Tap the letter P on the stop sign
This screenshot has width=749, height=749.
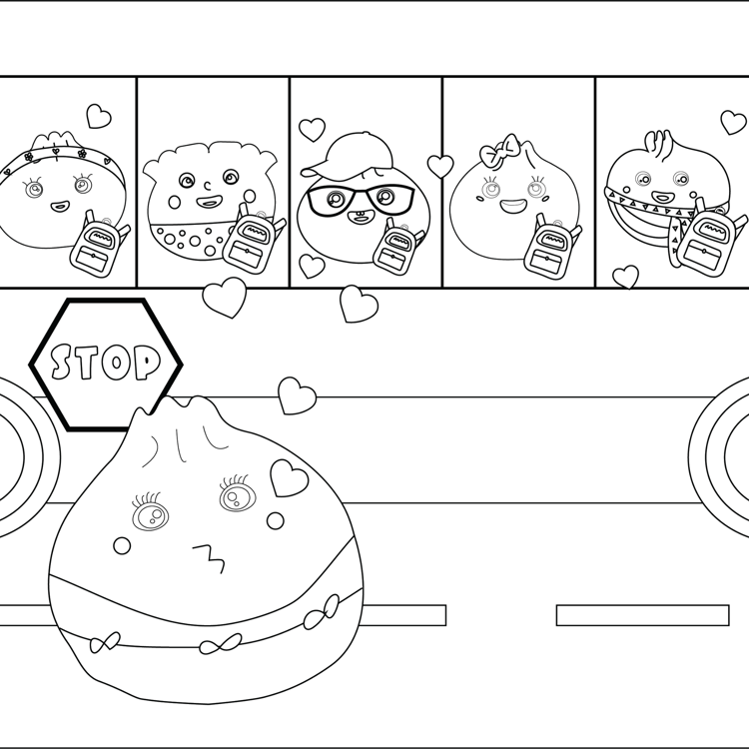pyautogui.click(x=146, y=363)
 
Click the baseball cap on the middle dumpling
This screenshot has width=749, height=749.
pyautogui.click(x=353, y=155)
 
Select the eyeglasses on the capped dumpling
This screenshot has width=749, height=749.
pyautogui.click(x=362, y=199)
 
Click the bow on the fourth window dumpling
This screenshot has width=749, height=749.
pyautogui.click(x=499, y=150)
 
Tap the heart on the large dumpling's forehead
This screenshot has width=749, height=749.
pyautogui.click(x=289, y=477)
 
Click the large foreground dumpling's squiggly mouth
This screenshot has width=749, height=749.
pyautogui.click(x=210, y=557)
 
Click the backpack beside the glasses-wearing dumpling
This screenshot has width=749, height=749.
pyautogui.click(x=397, y=247)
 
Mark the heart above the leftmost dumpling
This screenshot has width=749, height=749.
pyautogui.click(x=99, y=116)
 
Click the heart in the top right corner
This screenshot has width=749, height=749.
pyautogui.click(x=733, y=122)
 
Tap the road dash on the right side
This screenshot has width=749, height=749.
pyautogui.click(x=643, y=615)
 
